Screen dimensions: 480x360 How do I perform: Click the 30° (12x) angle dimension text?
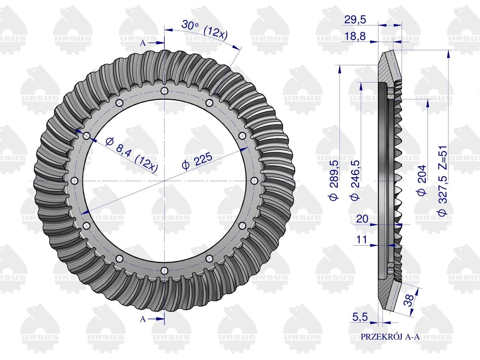coord(204,31)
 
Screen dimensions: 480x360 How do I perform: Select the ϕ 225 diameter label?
coord(197,161)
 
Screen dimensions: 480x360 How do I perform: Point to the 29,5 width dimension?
coord(355,19)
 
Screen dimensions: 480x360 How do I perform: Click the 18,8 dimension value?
coord(355,36)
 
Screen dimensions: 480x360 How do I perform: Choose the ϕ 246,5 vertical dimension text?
coord(355,180)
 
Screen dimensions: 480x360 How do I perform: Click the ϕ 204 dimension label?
coord(421,180)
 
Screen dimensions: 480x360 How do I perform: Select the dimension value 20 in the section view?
coord(362,219)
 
